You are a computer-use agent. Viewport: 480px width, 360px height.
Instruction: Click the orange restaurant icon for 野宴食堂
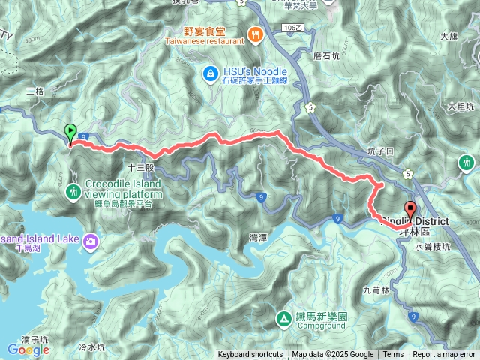(256, 33)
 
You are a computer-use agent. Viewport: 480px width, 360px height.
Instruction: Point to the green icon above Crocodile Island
(73, 192)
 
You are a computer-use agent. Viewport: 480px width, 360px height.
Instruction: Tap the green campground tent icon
(284, 318)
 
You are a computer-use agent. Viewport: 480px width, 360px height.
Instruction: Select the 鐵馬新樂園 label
(321, 317)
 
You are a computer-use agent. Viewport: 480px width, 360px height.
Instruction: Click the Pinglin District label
(415, 221)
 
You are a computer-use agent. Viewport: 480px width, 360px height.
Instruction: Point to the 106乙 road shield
(293, 27)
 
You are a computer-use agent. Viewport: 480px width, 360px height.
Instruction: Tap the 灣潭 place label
(258, 237)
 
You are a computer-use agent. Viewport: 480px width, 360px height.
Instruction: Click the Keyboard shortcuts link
(250, 355)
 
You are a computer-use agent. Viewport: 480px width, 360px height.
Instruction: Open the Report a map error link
(444, 355)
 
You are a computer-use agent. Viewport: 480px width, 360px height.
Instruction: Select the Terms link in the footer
(393, 355)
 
